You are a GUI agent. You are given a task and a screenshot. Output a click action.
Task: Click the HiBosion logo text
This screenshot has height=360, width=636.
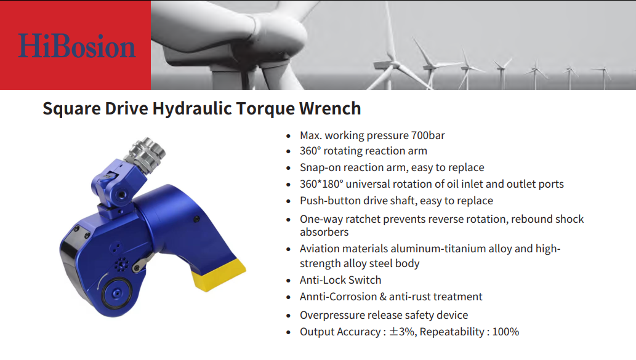point(77,46)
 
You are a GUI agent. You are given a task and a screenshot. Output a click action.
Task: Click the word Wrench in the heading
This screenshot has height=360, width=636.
point(330,109)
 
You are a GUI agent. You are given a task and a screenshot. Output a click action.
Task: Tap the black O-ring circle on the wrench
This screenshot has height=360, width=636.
point(116,293)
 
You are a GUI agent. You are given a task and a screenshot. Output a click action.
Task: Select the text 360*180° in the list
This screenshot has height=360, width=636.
point(321,184)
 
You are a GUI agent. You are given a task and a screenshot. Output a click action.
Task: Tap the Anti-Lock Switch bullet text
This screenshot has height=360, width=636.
point(340,280)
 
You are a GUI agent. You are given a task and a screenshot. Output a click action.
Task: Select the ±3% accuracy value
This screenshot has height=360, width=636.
point(403,332)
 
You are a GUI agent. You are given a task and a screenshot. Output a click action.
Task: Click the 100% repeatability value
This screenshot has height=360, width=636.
point(505,332)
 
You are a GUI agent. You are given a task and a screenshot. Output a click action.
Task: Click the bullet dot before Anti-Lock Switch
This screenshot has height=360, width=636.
point(288,281)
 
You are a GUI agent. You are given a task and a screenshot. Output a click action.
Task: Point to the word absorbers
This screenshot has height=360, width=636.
point(324,232)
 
